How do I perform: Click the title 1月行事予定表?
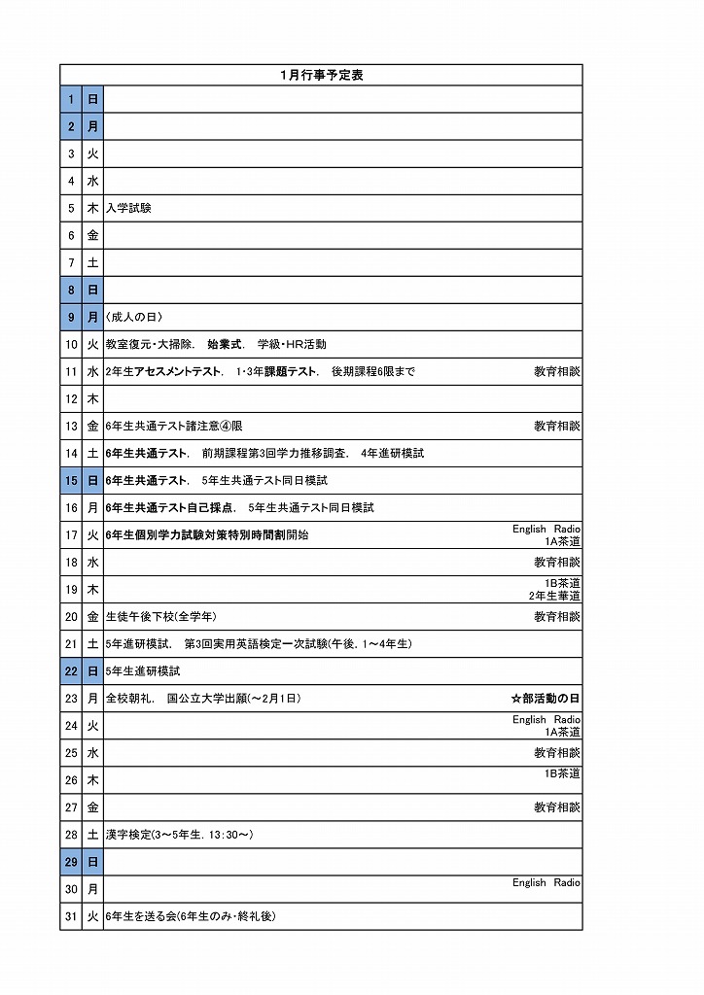point(321,75)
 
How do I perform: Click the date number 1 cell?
point(71,99)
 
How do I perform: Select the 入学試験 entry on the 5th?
point(128,208)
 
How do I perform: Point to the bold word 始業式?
point(225,344)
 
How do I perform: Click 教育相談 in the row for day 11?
point(556,371)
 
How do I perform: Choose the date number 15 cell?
point(71,480)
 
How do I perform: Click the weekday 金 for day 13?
point(92,426)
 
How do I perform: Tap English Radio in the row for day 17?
point(546,529)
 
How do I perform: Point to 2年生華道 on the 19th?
point(554,596)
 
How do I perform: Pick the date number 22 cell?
point(71,670)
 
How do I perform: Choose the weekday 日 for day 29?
point(92,861)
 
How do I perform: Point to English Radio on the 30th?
point(546,882)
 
